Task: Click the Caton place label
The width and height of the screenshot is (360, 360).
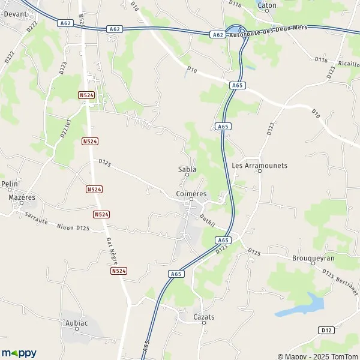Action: click(x=267, y=5)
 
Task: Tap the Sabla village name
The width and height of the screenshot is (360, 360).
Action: click(x=187, y=169)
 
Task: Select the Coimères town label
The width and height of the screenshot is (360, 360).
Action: click(x=191, y=194)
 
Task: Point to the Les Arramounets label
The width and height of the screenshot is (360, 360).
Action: click(x=259, y=165)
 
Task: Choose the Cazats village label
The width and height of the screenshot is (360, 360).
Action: click(x=204, y=317)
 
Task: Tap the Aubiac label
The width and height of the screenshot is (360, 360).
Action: click(x=76, y=323)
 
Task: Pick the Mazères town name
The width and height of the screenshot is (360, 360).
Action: click(x=22, y=197)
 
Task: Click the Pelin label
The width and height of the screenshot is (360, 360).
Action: click(x=9, y=184)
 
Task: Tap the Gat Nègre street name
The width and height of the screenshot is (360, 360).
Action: click(x=111, y=250)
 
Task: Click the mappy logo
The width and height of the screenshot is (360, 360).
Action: click(x=19, y=353)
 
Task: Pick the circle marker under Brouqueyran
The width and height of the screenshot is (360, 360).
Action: click(x=313, y=264)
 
